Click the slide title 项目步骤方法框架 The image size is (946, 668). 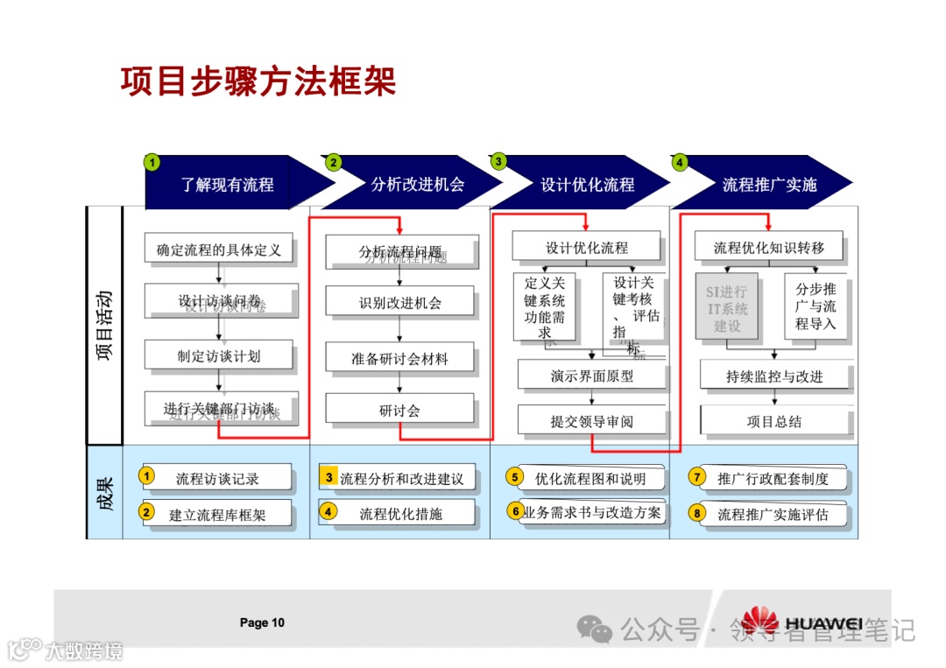point(258,81)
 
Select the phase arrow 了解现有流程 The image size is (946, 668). point(228,185)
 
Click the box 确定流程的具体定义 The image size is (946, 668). point(219,250)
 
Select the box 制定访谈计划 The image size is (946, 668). point(219,355)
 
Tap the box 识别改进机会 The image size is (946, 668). point(400,303)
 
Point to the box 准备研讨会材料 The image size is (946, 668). point(400,358)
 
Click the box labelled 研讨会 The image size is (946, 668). point(400,410)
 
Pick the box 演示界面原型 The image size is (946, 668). point(592,376)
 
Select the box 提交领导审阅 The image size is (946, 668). point(592,421)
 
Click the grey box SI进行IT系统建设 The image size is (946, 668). point(727,307)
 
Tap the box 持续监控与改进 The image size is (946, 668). point(774,376)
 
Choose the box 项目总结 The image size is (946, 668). point(774,421)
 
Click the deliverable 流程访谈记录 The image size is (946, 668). point(217,478)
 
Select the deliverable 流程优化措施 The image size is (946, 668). point(400,514)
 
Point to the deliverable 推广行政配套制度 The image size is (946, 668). point(772,478)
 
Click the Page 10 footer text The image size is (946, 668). point(262,622)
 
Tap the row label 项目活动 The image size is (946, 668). point(104,326)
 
